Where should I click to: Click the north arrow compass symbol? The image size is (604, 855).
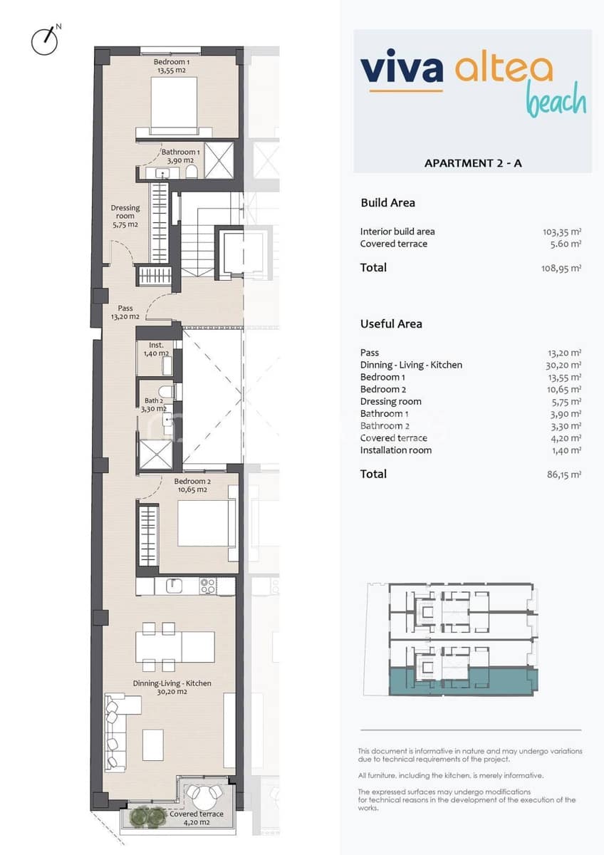[x=45, y=41]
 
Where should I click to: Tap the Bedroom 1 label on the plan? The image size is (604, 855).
[x=172, y=66]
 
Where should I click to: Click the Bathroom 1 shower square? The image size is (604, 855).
[x=219, y=160]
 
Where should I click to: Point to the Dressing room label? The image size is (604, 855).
[x=125, y=216]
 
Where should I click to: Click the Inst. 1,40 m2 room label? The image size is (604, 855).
[x=155, y=349]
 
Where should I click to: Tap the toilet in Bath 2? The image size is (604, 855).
[x=165, y=391]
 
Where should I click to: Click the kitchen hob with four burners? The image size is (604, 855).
[x=208, y=586]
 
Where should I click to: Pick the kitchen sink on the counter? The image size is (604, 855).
[x=175, y=586]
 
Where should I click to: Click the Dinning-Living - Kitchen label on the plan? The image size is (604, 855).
[x=172, y=687]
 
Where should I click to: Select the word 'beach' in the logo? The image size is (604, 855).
[x=556, y=100]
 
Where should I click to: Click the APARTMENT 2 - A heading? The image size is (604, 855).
[x=473, y=163]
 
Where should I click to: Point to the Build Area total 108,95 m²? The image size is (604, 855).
[x=561, y=268]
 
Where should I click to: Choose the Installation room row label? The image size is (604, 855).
[x=395, y=450]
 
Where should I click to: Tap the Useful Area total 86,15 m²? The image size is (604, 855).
[x=563, y=475]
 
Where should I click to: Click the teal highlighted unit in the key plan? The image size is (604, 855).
[x=463, y=681]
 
